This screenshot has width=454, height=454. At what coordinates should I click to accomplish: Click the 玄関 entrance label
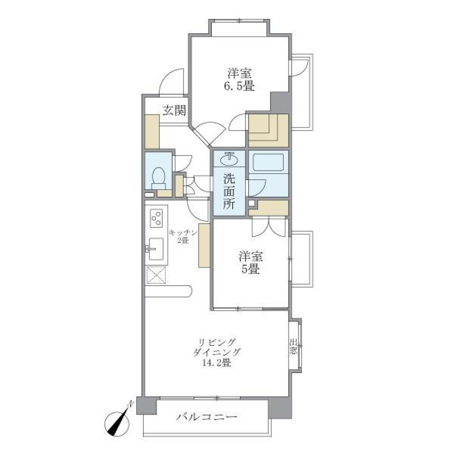click(174, 111)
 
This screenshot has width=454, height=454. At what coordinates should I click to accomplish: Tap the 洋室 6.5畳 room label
click(241, 80)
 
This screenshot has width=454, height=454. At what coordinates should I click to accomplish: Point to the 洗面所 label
click(229, 192)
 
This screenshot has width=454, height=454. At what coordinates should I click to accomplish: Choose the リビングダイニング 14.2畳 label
click(217, 353)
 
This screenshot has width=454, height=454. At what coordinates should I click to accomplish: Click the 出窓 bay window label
click(294, 348)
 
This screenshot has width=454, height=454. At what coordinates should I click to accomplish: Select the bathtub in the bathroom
click(268, 163)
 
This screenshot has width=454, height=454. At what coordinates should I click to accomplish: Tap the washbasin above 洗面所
click(229, 158)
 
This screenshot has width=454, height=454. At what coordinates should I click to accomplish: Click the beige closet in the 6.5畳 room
click(268, 130)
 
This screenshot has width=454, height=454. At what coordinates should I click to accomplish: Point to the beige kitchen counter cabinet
click(204, 246)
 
